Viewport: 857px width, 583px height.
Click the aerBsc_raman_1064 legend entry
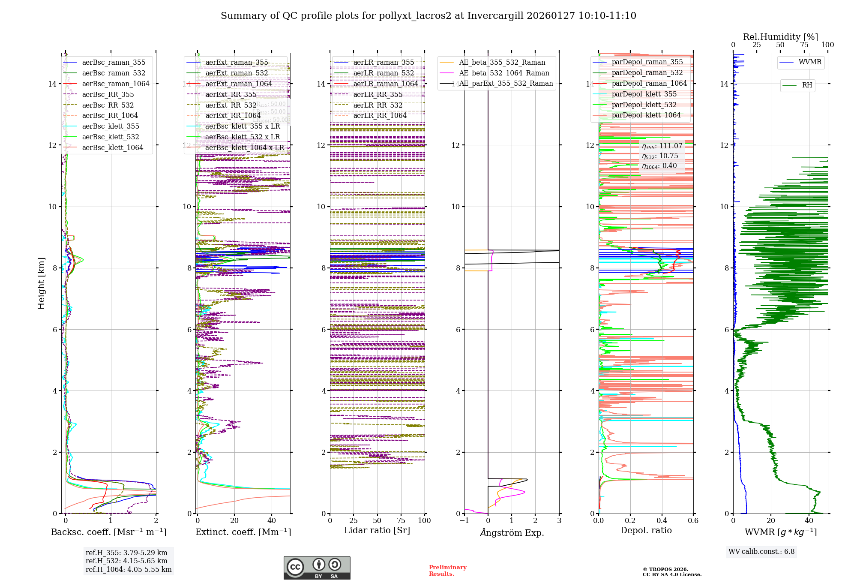(116, 84)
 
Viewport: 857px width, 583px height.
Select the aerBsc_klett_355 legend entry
(111, 126)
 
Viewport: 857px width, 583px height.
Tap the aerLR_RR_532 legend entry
(378, 105)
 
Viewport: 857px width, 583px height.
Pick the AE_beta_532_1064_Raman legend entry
(504, 73)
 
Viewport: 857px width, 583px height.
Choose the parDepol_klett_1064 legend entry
(646, 115)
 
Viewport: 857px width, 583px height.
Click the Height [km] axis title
(41, 283)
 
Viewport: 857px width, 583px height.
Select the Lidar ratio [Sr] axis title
(377, 530)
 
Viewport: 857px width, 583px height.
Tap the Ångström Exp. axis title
(512, 532)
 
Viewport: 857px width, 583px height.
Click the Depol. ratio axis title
(646, 530)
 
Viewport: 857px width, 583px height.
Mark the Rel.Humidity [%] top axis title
(780, 37)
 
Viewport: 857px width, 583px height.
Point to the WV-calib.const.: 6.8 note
(761, 552)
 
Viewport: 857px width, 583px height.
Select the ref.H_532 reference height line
(126, 561)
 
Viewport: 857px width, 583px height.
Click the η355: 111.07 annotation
(662, 146)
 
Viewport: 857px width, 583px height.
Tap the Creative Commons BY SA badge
(317, 568)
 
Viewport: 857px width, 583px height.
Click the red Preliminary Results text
(447, 570)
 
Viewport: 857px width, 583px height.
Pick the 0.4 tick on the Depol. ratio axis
(662, 520)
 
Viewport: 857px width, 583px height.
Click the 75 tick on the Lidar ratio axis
(401, 520)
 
